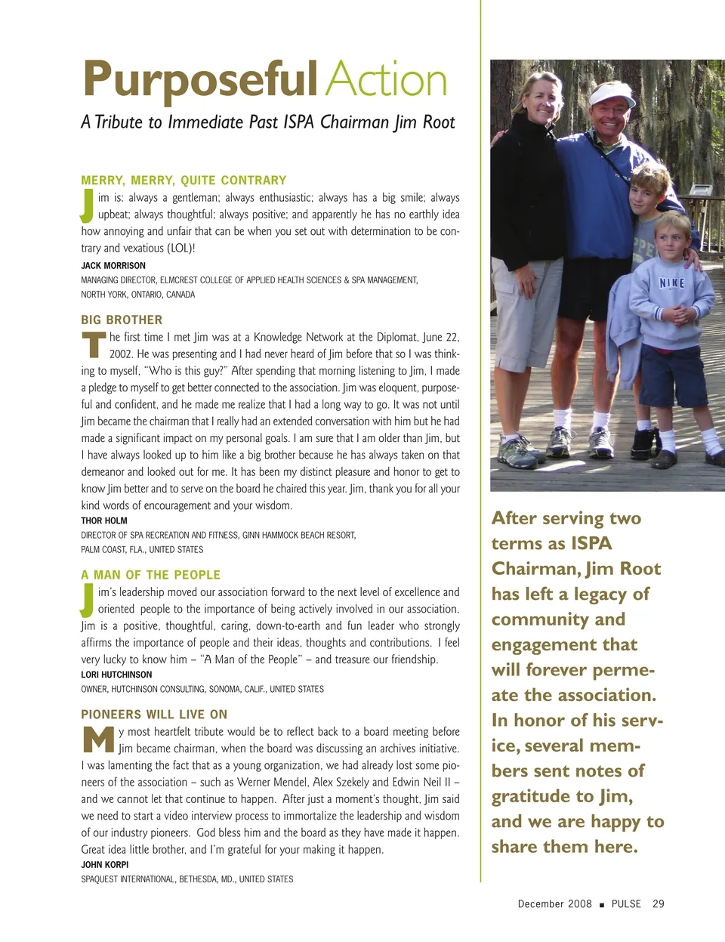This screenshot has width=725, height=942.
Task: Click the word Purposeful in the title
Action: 200,79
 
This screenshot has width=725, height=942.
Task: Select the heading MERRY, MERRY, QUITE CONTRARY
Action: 184,181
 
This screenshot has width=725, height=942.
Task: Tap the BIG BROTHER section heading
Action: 122,320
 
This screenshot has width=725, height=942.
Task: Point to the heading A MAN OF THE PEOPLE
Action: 151,575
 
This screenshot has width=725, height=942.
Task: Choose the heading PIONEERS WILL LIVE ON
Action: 154,715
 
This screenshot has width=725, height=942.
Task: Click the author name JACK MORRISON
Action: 113,266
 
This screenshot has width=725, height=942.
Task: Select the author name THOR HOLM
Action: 104,520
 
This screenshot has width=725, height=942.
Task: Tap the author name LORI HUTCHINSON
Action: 116,675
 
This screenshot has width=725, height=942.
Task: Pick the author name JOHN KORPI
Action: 105,864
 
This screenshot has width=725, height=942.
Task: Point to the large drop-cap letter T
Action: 93,344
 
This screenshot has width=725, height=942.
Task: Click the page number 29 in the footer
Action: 659,903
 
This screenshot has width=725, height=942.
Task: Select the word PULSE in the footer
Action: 626,903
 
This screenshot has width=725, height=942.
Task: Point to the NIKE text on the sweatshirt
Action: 671,283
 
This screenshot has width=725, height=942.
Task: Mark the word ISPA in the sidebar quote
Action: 591,544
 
